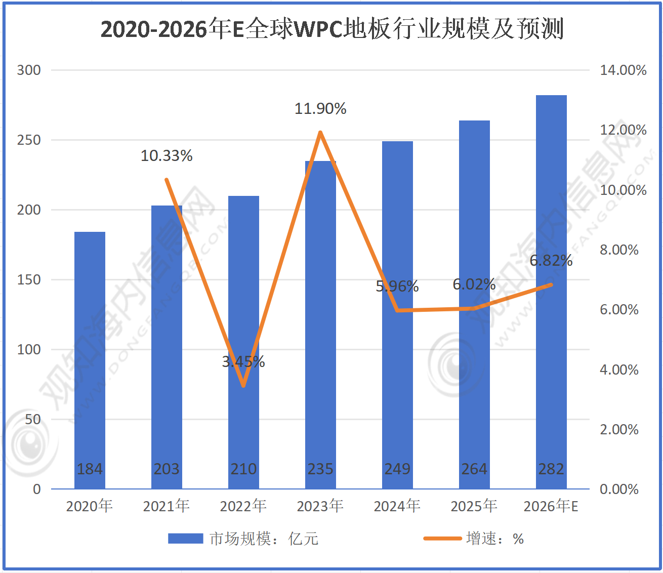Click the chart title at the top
(x=332, y=29)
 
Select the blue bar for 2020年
(x=90, y=354)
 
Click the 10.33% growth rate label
(x=167, y=156)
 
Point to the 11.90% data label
(x=320, y=109)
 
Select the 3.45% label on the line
(x=243, y=361)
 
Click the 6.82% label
(x=551, y=261)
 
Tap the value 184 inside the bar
(x=90, y=469)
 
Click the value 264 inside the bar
(x=474, y=469)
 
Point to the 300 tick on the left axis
(x=29, y=70)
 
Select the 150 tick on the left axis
(x=29, y=280)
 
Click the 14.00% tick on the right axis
(x=623, y=70)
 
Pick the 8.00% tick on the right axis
(x=619, y=250)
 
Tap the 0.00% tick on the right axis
(x=619, y=489)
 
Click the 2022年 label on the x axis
(x=243, y=506)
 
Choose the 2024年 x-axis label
(x=397, y=506)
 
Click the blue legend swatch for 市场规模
(x=185, y=539)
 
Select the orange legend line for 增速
(x=442, y=539)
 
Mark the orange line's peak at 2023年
(x=320, y=133)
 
